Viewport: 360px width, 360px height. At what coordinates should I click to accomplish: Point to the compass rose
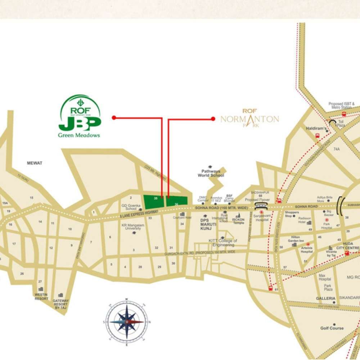click(127, 321)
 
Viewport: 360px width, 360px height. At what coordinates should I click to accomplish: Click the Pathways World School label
click(211, 173)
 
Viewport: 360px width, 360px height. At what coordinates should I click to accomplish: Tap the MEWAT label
click(35, 163)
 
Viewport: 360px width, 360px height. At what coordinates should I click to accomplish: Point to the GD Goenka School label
click(129, 207)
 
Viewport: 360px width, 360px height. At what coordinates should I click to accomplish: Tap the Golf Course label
click(332, 328)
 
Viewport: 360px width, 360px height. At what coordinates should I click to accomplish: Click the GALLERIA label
click(325, 298)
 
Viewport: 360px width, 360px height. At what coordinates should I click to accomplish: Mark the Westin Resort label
click(41, 296)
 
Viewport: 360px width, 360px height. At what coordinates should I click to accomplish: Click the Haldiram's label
click(316, 128)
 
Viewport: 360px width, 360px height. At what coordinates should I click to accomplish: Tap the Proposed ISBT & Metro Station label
click(341, 105)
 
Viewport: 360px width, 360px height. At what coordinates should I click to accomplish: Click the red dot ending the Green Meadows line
click(114, 118)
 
